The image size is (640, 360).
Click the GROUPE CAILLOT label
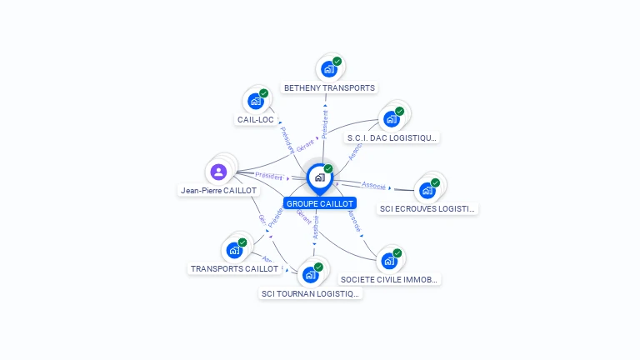[320, 203]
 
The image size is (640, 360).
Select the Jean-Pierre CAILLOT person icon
[218, 172]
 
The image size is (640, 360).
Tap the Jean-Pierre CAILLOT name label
[218, 190]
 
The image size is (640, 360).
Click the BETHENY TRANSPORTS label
[329, 87]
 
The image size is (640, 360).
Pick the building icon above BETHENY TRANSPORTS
[328, 69]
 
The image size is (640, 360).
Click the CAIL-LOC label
[256, 119]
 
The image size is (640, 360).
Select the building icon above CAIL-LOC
[256, 101]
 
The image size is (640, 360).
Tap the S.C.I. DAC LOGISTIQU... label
[392, 137]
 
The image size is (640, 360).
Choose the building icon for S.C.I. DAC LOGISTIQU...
[391, 119]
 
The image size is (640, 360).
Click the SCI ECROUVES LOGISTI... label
[427, 208]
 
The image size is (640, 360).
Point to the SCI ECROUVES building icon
[427, 190]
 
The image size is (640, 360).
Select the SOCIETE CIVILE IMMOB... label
[389, 279]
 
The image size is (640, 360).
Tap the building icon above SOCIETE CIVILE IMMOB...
[389, 261]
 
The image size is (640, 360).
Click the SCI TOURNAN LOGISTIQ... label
[311, 293]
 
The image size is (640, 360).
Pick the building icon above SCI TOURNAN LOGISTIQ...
[311, 274]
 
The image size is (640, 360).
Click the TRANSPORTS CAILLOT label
[234, 268]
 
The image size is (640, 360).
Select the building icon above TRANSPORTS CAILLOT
[234, 249]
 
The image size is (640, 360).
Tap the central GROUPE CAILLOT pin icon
[319, 177]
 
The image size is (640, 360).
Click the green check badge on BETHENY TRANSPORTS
[337, 61]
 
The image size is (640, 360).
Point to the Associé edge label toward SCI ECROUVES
[374, 185]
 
